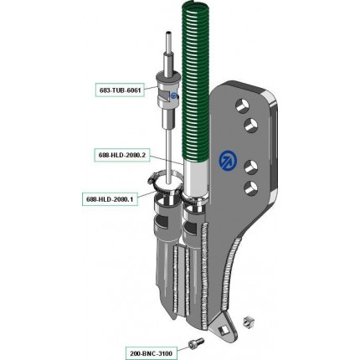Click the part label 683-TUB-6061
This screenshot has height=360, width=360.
click(x=120, y=90)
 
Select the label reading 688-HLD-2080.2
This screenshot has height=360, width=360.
click(x=122, y=155)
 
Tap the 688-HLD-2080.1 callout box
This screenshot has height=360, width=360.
click(x=110, y=199)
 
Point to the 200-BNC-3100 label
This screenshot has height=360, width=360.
click(x=151, y=353)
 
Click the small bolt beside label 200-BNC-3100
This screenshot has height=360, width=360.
click(x=196, y=343)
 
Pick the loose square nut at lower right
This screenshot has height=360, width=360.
click(x=248, y=321)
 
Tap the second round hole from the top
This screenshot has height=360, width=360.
click(x=251, y=125)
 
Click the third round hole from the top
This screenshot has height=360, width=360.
click(x=250, y=167)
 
